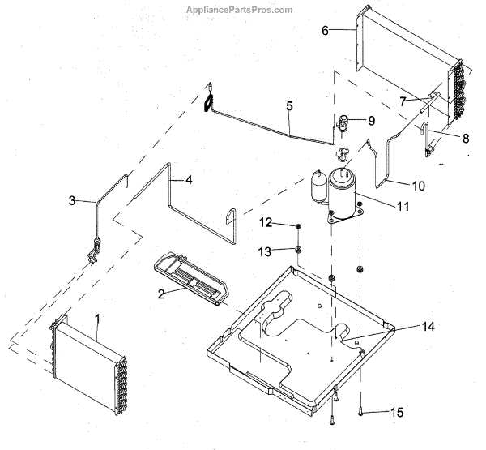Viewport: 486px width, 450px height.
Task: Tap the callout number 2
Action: click(160, 294)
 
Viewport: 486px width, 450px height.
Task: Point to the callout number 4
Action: click(188, 179)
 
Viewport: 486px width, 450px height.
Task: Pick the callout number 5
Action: click(289, 106)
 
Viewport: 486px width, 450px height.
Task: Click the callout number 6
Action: click(325, 31)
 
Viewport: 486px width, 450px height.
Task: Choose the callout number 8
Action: click(465, 139)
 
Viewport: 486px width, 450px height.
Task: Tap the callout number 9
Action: click(371, 121)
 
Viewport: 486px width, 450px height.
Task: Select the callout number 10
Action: click(417, 186)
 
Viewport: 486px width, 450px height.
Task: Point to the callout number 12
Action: click(266, 223)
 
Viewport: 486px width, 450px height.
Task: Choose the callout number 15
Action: click(396, 413)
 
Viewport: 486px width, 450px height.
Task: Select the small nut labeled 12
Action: click(298, 225)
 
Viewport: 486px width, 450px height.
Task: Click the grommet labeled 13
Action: click(298, 250)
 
